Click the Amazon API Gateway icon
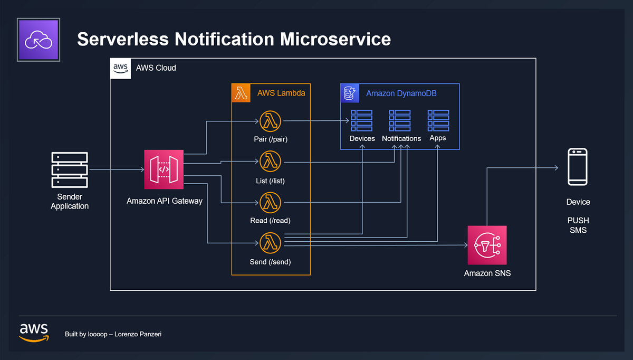pos(164,169)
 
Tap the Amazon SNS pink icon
pos(487,245)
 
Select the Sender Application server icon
pos(70,169)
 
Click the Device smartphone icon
pos(577,167)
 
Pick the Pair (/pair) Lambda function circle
pos(270,121)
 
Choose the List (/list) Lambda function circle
pos(270,161)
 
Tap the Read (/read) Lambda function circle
pos(270,202)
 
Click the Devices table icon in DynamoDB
pos(361,120)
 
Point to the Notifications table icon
pos(400,120)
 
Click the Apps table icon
pos(438,120)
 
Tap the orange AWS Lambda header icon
pos(241,93)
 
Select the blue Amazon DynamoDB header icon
pos(350,93)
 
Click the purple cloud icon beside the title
pos(39,40)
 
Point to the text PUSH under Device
pos(578,220)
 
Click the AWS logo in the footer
pos(34,331)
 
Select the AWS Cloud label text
pos(156,68)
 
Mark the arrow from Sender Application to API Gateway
pos(116,169)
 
